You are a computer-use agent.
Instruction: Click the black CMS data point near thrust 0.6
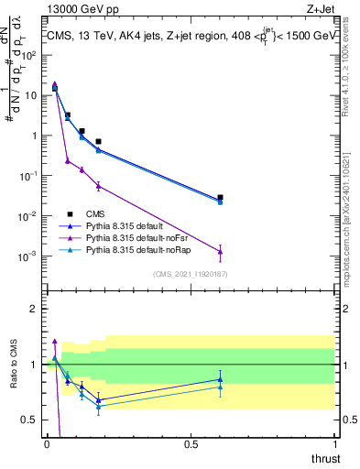point(220,197)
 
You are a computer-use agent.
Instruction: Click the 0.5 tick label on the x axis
point(191,443)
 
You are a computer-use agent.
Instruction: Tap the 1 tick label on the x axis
point(334,443)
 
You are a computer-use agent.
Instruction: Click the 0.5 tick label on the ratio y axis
point(31,420)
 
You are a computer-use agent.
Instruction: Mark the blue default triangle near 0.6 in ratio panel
point(220,379)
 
